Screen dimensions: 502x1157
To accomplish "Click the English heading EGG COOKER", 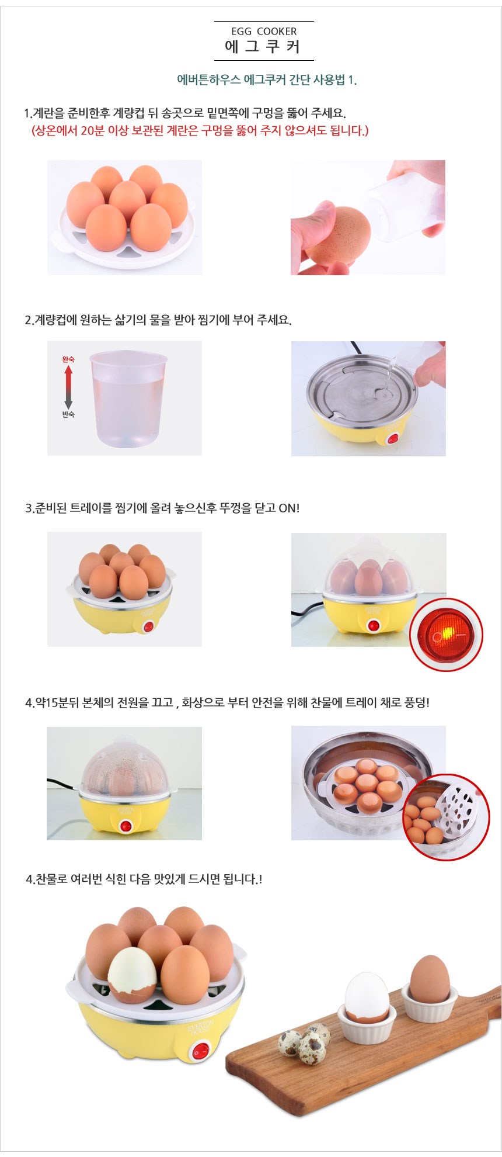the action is pyautogui.click(x=264, y=32).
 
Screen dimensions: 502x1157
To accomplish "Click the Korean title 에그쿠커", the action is pyautogui.click(x=263, y=47).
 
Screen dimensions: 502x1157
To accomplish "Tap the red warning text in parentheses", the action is pyautogui.click(x=200, y=130).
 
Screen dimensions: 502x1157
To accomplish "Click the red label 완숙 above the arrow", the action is pyautogui.click(x=68, y=359).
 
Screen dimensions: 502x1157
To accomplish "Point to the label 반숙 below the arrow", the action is pyautogui.click(x=68, y=414).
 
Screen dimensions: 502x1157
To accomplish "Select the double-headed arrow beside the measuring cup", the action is pyautogui.click(x=68, y=387).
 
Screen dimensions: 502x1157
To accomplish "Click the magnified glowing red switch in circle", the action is pyautogui.click(x=447, y=635).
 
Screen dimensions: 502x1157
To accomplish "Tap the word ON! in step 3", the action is pyautogui.click(x=289, y=508).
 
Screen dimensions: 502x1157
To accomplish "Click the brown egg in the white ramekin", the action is pyautogui.click(x=430, y=979).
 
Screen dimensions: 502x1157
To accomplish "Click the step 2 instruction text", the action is pyautogui.click(x=158, y=320).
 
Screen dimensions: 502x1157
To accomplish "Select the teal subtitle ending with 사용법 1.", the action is pyautogui.click(x=267, y=80).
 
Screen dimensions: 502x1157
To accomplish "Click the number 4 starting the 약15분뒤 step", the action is pyautogui.click(x=29, y=703).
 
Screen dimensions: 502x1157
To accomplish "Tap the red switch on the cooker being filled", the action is pyautogui.click(x=393, y=438).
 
